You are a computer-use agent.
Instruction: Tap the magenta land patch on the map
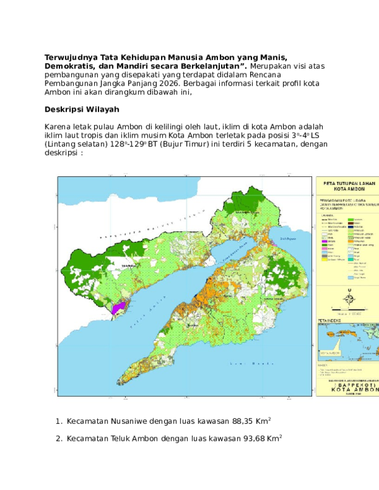(x=117, y=308)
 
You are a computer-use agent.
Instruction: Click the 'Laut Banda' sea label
(x=262, y=365)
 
